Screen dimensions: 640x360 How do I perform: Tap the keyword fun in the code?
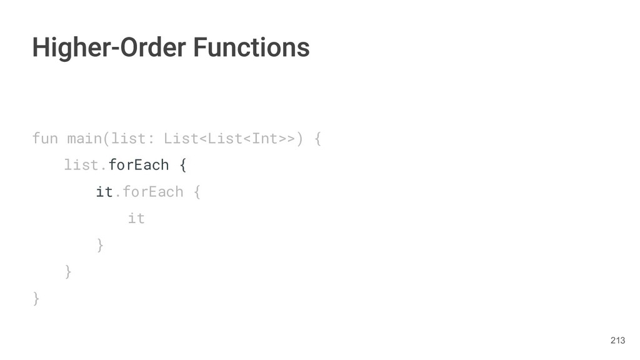click(44, 137)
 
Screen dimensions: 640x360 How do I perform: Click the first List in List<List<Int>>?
click(180, 137)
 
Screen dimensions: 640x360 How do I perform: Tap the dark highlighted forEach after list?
click(139, 165)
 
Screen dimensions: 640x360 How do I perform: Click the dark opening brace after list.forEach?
click(182, 165)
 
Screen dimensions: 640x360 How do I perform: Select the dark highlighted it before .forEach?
click(104, 191)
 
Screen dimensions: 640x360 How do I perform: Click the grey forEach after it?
click(152, 191)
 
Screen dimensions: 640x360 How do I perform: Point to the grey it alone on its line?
click(136, 218)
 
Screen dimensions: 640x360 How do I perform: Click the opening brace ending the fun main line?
click(317, 137)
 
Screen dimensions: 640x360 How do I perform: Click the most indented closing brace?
click(99, 245)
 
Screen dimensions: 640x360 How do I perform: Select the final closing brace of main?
click(36, 299)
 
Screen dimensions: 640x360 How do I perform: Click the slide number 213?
click(617, 340)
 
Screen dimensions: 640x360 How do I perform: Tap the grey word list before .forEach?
click(81, 165)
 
